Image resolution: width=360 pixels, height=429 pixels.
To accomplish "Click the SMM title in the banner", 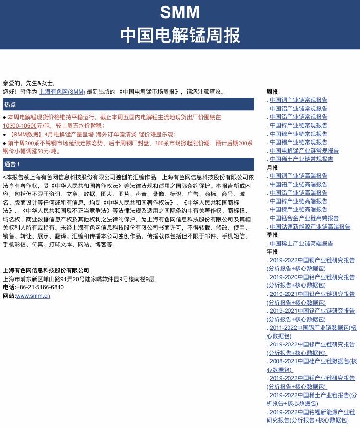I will pyautogui.click(x=180, y=12).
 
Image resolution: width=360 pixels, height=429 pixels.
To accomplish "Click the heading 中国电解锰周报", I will pyautogui.click(x=180, y=35).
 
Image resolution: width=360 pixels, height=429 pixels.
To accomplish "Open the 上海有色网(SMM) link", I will pyautogui.click(x=62, y=91).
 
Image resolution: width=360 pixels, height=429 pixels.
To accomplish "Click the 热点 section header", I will pyautogui.click(x=10, y=104).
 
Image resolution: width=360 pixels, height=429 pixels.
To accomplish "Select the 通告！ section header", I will pyautogui.click(x=12, y=164).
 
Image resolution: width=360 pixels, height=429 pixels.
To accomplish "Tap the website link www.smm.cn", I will pyautogui.click(x=33, y=296).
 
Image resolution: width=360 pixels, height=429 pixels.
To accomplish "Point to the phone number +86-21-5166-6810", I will pyautogui.click(x=40, y=287).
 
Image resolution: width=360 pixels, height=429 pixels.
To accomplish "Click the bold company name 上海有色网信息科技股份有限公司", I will pyautogui.click(x=46, y=270).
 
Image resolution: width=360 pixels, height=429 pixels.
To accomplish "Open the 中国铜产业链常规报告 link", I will pyautogui.click(x=298, y=100).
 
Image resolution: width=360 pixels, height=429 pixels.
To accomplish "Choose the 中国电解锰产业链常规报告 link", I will pyautogui.click(x=304, y=150).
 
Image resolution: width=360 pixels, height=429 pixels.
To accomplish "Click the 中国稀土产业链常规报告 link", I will pyautogui.click(x=301, y=159).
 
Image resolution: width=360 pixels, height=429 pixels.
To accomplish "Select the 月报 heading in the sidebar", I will pyautogui.click(x=272, y=168).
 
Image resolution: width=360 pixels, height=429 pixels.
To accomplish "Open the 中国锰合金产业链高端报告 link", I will pyautogui.click(x=304, y=218).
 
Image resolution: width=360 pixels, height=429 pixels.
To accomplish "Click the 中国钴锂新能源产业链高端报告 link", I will pyautogui.click(x=310, y=226).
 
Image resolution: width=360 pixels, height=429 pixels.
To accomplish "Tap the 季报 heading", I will pyautogui.click(x=272, y=235).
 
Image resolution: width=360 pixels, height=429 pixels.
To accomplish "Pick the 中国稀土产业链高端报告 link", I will pyautogui.click(x=301, y=244).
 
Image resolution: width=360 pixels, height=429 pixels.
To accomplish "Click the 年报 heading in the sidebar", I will pyautogui.click(x=272, y=252).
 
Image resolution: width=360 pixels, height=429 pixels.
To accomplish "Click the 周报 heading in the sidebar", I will pyautogui.click(x=272, y=91).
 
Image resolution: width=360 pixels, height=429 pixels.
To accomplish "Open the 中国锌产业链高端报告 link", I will pyautogui.click(x=298, y=201).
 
